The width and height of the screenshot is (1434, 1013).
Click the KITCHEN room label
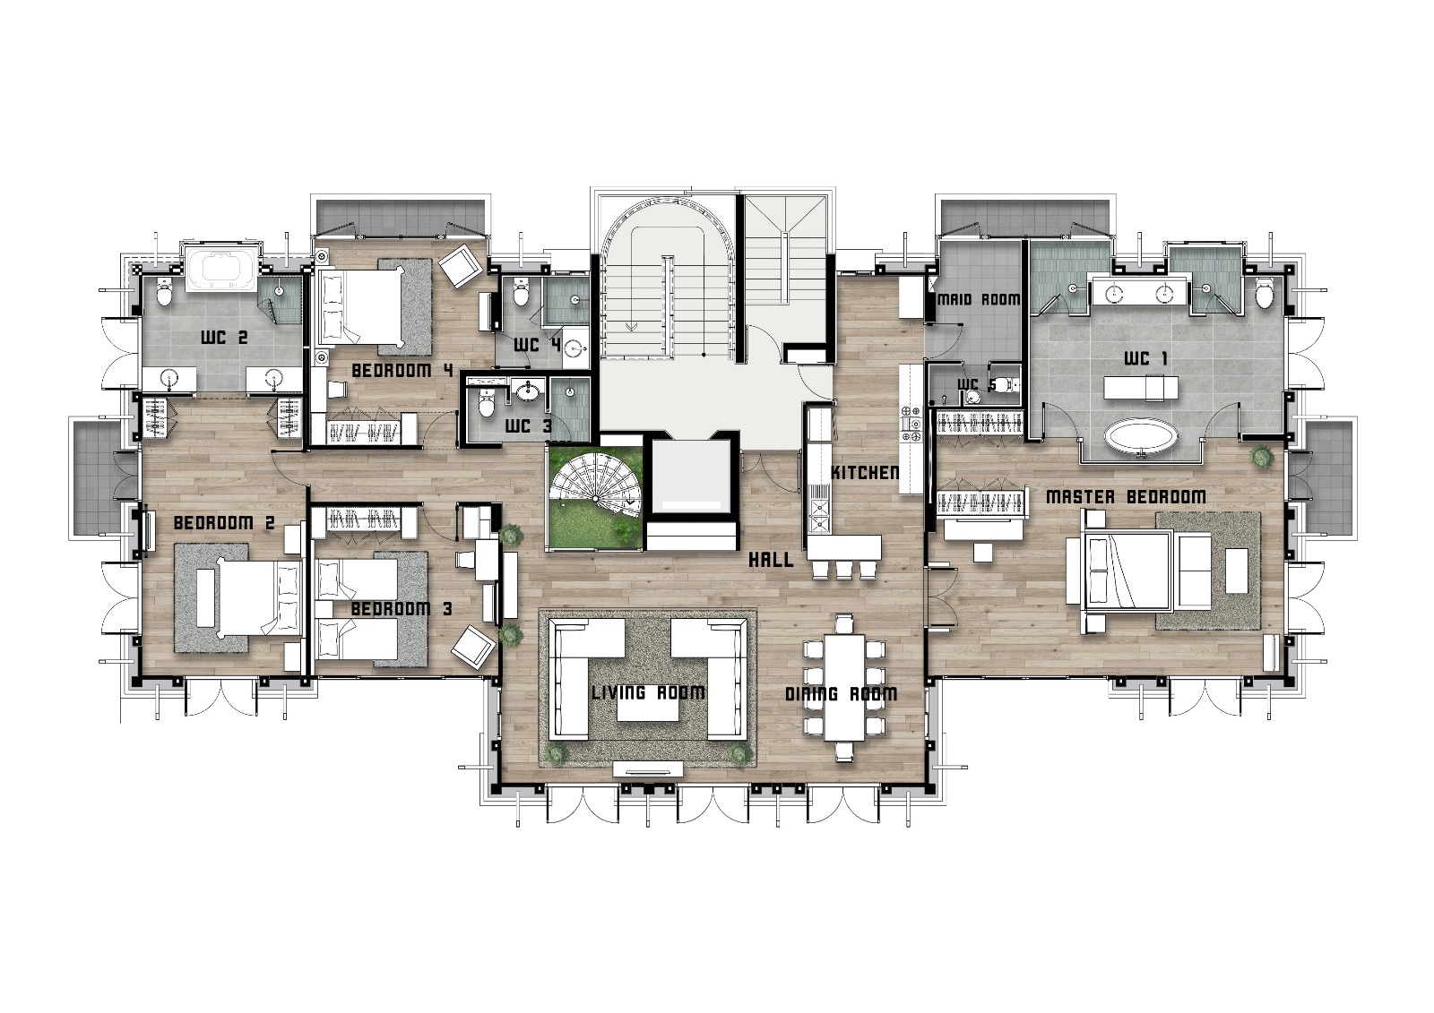click(865, 473)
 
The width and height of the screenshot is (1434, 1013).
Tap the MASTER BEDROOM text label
click(1126, 496)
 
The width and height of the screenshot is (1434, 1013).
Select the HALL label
click(771, 561)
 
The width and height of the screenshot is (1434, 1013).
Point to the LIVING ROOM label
click(648, 692)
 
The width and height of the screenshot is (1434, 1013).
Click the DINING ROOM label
click(842, 694)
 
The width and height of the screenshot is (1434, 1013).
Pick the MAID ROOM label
click(979, 299)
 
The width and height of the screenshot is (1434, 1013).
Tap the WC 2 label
click(224, 338)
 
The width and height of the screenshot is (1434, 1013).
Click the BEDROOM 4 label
click(402, 371)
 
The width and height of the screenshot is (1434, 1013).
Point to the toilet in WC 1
click(1264, 294)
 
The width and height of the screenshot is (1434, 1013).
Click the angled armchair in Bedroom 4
click(461, 265)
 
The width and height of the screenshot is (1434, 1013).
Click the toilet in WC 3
click(488, 403)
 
